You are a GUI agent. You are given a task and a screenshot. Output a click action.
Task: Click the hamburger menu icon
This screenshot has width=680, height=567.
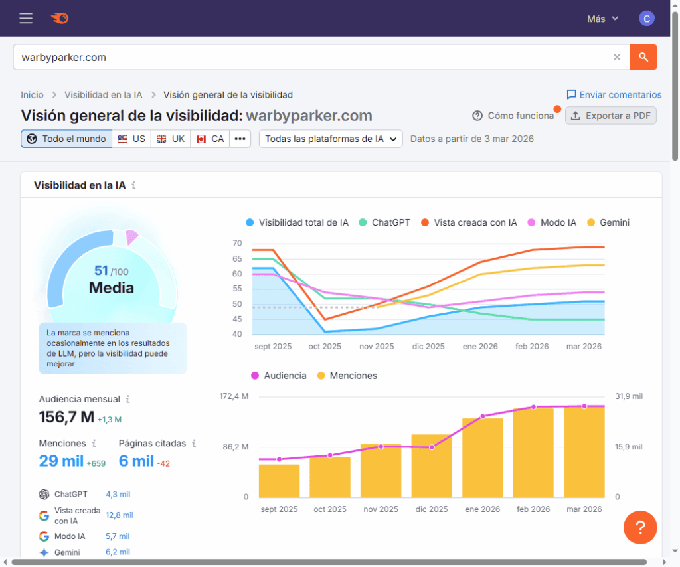(26, 19)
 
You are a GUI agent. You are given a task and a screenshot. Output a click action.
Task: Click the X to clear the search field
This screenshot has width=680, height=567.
(617, 57)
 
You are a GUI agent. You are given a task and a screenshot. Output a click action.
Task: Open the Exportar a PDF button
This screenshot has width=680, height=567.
(611, 116)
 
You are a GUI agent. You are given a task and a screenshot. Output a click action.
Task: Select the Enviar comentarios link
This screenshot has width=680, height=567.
(614, 95)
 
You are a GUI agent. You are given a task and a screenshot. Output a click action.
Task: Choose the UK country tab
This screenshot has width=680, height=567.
(171, 139)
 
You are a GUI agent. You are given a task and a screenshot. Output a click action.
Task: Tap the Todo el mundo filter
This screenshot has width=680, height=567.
(66, 139)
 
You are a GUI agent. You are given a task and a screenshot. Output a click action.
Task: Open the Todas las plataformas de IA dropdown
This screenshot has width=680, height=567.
(331, 139)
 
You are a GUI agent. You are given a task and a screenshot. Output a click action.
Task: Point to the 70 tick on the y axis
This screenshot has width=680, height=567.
(237, 244)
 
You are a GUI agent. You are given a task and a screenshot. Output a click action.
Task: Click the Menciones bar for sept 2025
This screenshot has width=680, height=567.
(279, 481)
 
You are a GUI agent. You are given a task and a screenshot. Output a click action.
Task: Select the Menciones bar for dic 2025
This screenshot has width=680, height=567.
(432, 466)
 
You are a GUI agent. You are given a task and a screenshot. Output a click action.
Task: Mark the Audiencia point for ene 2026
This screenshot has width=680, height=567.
(483, 416)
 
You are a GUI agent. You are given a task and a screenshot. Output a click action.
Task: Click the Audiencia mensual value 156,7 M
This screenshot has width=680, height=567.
(66, 417)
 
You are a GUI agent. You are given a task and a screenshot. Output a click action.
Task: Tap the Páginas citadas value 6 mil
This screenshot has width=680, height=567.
(136, 461)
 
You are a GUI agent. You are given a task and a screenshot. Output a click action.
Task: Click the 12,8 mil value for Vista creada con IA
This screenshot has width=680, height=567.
(120, 515)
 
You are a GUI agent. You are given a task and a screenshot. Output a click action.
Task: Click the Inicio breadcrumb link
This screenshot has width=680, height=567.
(32, 95)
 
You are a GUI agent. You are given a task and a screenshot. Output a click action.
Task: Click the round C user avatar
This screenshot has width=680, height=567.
(646, 19)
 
